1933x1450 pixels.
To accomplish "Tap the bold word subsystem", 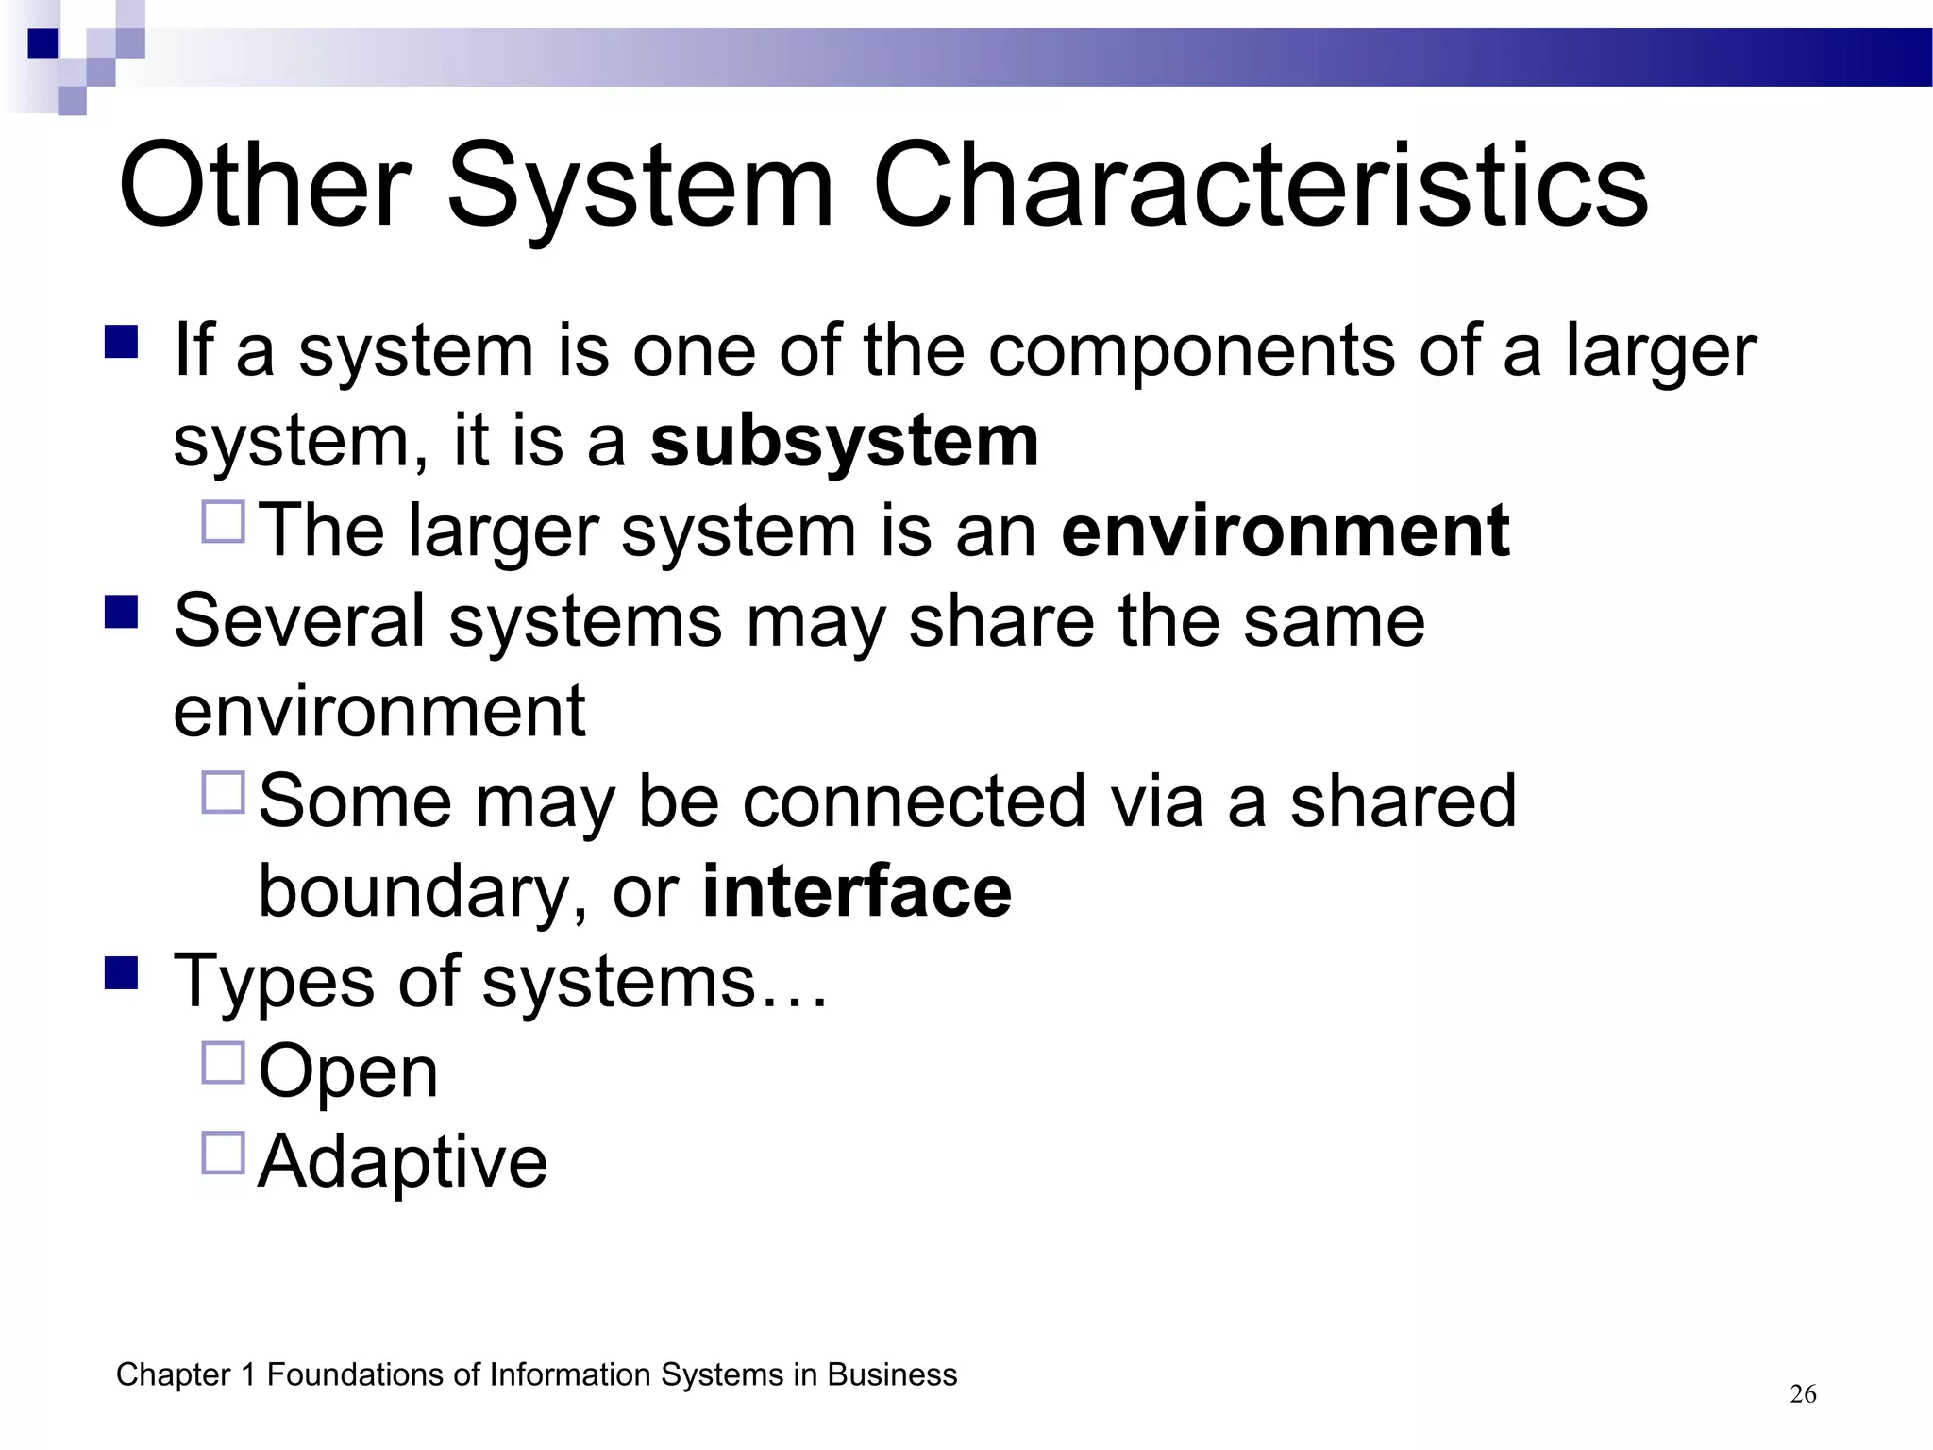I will [x=845, y=442].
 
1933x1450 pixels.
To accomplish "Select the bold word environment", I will [x=1286, y=531].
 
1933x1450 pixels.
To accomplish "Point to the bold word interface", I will [x=857, y=892].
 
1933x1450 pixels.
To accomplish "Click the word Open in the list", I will [x=348, y=1072].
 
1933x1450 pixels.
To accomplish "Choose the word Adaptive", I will [x=402, y=1162].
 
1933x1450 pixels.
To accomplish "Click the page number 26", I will [x=1803, y=1394].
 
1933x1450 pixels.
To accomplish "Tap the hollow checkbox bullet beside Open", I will [x=224, y=1063].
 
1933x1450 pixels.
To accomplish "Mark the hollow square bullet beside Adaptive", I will [x=224, y=1153].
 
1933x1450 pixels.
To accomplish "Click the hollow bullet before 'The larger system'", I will [x=224, y=521].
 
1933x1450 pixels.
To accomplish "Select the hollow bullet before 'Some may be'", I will [x=224, y=792].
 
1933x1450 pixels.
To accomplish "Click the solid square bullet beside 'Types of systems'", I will [x=122, y=972].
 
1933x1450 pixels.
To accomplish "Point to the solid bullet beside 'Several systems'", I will [x=122, y=611].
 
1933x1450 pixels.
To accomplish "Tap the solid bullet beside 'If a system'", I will [x=122, y=341].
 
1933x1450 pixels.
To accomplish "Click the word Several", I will [x=299, y=621].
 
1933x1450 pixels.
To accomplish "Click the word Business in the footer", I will [x=892, y=1375].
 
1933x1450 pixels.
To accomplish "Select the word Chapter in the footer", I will [x=174, y=1375].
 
